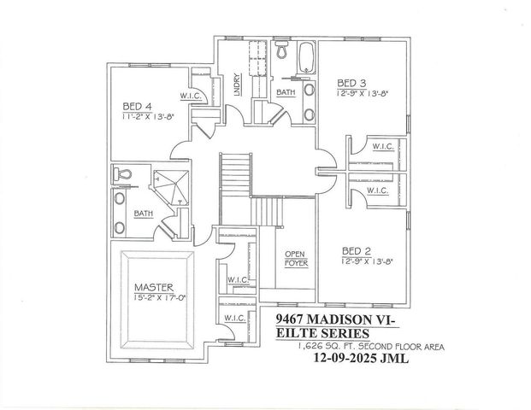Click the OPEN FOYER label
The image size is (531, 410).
pyautogui.click(x=296, y=259)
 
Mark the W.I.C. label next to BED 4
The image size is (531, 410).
pyautogui.click(x=190, y=96)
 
